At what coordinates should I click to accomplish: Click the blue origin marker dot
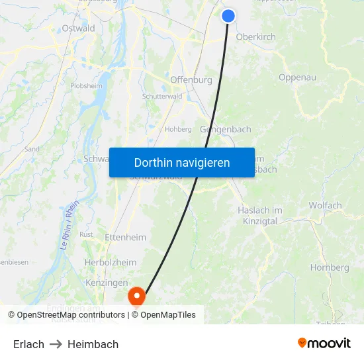tap(228, 15)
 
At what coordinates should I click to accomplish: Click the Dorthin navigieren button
tap(182, 162)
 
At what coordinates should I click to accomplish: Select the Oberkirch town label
tap(256, 37)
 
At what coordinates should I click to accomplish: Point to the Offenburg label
tap(191, 80)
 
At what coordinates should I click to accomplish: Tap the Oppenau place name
tap(297, 77)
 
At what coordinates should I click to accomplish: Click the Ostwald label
tap(78, 28)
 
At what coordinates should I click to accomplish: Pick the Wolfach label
tap(325, 205)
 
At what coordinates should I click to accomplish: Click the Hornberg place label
tap(330, 268)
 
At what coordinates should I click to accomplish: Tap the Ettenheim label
tap(125, 237)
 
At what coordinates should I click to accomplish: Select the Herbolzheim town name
tap(111, 262)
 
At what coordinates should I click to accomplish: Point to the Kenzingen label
tap(106, 283)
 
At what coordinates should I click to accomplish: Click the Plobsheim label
tap(86, 85)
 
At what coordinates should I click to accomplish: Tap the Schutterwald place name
tap(162, 96)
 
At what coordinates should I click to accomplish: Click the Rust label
tap(86, 234)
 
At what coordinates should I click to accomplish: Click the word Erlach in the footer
tap(28, 344)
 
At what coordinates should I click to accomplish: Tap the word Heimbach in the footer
tap(93, 344)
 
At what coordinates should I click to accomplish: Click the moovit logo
tap(324, 343)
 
